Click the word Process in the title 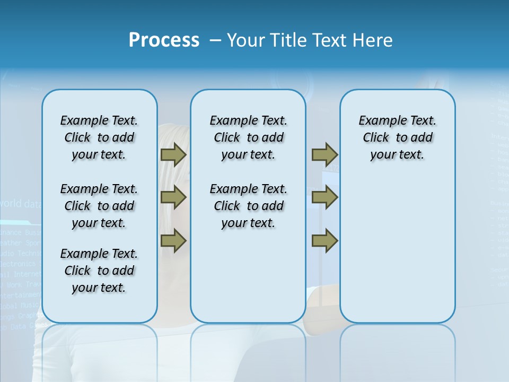[x=164, y=40]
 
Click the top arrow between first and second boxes [x=173, y=154]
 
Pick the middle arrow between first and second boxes [x=173, y=198]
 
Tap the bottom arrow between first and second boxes [x=173, y=241]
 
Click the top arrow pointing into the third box [x=324, y=154]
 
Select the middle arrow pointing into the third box [x=324, y=198]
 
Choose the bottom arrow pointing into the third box [x=324, y=241]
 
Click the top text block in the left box [x=99, y=137]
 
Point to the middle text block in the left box [x=99, y=206]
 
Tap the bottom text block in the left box [x=99, y=271]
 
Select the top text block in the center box [x=248, y=137]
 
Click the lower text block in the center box [x=248, y=206]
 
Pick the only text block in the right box [x=397, y=137]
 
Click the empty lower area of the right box [x=397, y=249]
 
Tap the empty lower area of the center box [x=248, y=276]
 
